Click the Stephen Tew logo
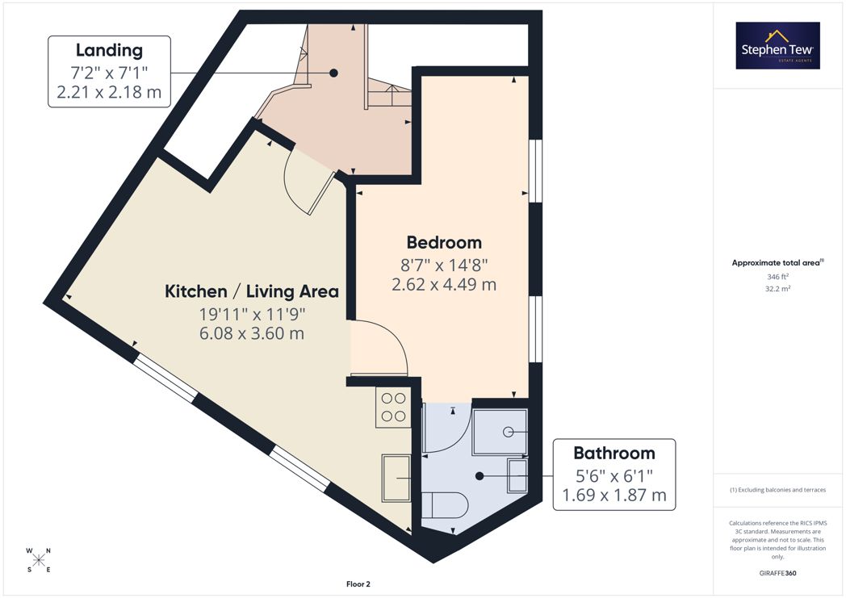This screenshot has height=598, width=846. [x=777, y=45]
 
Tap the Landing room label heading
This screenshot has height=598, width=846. [x=110, y=50]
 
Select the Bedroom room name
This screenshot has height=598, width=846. [x=444, y=243]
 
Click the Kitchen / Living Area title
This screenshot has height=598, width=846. [x=252, y=291]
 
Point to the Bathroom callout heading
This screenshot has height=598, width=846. [x=614, y=453]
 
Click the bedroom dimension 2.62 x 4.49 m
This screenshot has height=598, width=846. [x=444, y=284]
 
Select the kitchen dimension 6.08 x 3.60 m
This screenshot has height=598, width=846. [x=252, y=333]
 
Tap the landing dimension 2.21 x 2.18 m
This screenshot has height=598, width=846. [x=109, y=92]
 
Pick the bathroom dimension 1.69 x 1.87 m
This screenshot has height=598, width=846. [x=614, y=495]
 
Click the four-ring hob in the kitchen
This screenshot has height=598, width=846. [x=393, y=407]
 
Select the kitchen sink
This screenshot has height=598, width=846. [x=396, y=479]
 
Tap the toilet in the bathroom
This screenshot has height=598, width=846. [x=444, y=505]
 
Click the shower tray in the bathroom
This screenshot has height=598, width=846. [x=500, y=432]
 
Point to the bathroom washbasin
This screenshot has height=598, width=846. [x=517, y=475]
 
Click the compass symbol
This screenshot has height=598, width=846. [x=38, y=560]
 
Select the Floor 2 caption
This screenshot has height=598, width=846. [x=358, y=584]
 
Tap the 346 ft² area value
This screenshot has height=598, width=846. [x=777, y=277]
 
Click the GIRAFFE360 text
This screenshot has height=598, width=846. [x=777, y=573]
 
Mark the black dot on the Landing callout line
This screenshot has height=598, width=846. [x=333, y=73]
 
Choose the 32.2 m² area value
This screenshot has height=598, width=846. [x=777, y=288]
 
